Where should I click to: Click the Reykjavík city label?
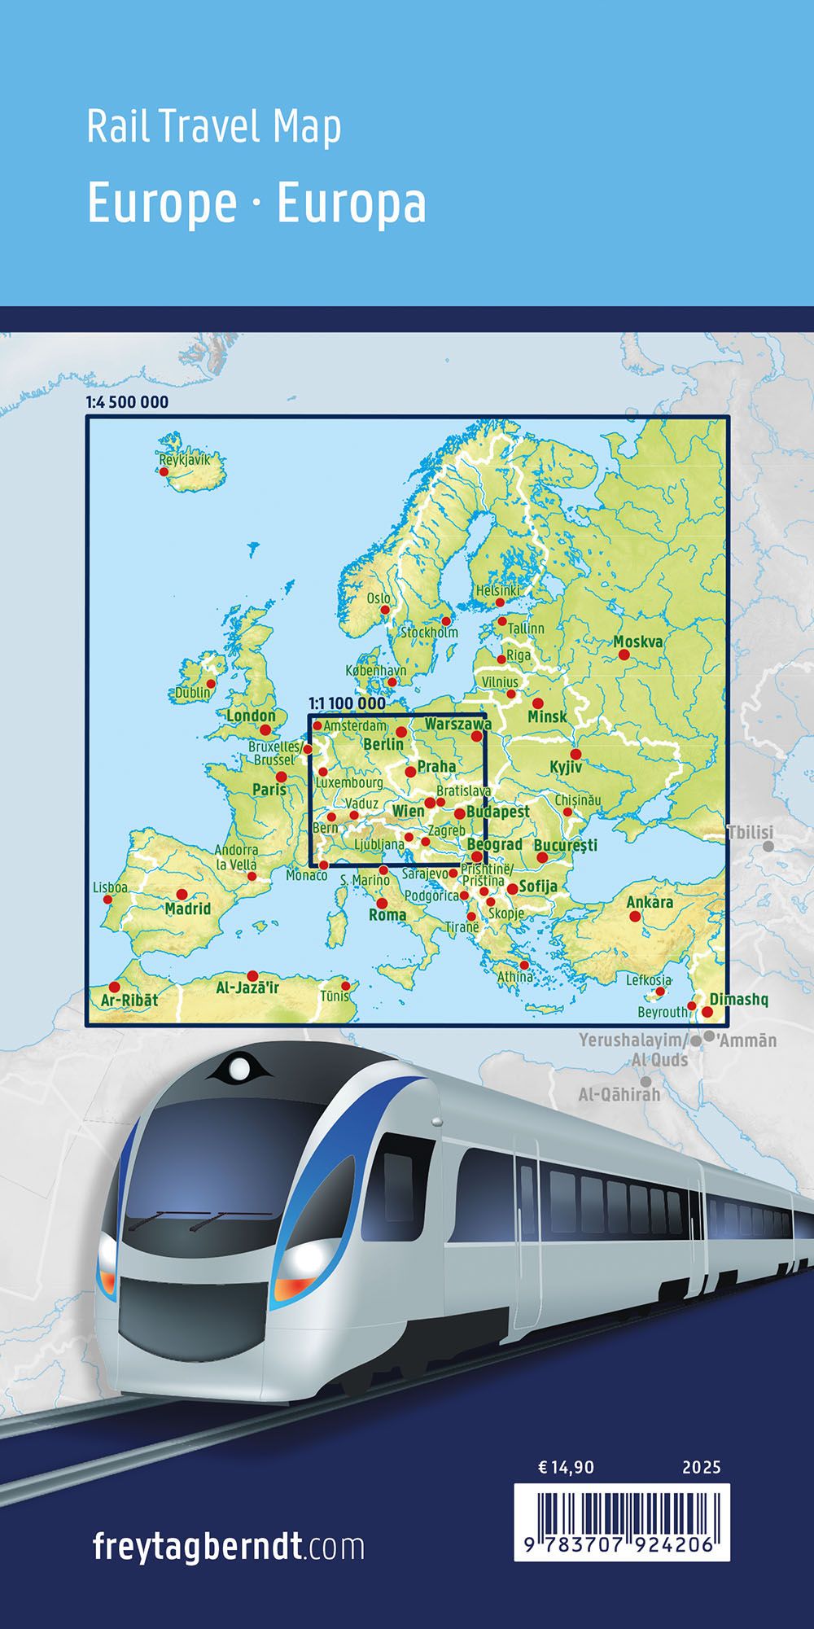(185, 460)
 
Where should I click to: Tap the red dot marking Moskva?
(624, 655)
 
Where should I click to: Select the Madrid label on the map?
(188, 909)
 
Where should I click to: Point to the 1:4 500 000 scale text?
(127, 402)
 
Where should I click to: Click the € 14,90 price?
(567, 1468)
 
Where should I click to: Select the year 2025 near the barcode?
(702, 1468)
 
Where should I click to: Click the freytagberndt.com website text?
(229, 1545)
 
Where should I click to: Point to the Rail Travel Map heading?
(214, 128)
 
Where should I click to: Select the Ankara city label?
(650, 902)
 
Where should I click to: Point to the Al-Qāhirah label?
(619, 1094)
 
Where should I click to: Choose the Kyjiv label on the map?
(566, 768)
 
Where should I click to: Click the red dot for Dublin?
(211, 684)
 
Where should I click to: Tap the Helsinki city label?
(498, 590)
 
